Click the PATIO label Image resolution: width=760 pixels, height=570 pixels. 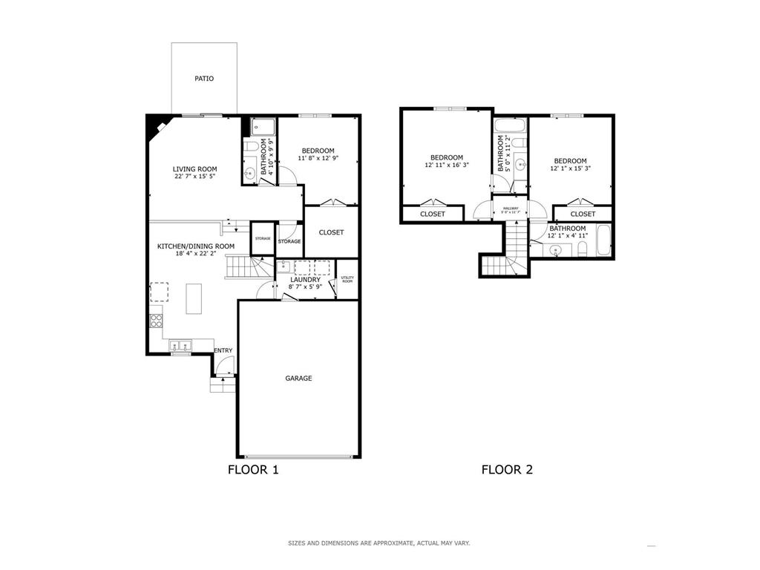204,78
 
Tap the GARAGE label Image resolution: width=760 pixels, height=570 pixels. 298,378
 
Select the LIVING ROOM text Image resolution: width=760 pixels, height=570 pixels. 195,169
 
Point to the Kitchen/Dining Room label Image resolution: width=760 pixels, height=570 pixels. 195,246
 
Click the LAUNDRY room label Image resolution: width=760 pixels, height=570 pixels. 305,280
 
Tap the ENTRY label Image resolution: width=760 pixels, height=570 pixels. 223,350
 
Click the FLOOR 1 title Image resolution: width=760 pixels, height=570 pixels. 253,470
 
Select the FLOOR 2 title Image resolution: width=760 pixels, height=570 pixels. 507,470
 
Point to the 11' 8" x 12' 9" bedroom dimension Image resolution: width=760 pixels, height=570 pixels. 318,158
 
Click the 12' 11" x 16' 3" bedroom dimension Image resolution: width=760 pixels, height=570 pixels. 447,166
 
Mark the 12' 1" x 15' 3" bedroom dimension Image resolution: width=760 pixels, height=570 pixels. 570,168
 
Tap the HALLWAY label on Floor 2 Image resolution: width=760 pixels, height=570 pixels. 511,209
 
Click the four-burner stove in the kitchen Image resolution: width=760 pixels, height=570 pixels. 157,321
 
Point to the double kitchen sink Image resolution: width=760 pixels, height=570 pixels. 180,344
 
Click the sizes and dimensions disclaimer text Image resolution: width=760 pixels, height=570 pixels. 379,543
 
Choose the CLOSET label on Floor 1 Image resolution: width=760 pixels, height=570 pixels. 331,232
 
